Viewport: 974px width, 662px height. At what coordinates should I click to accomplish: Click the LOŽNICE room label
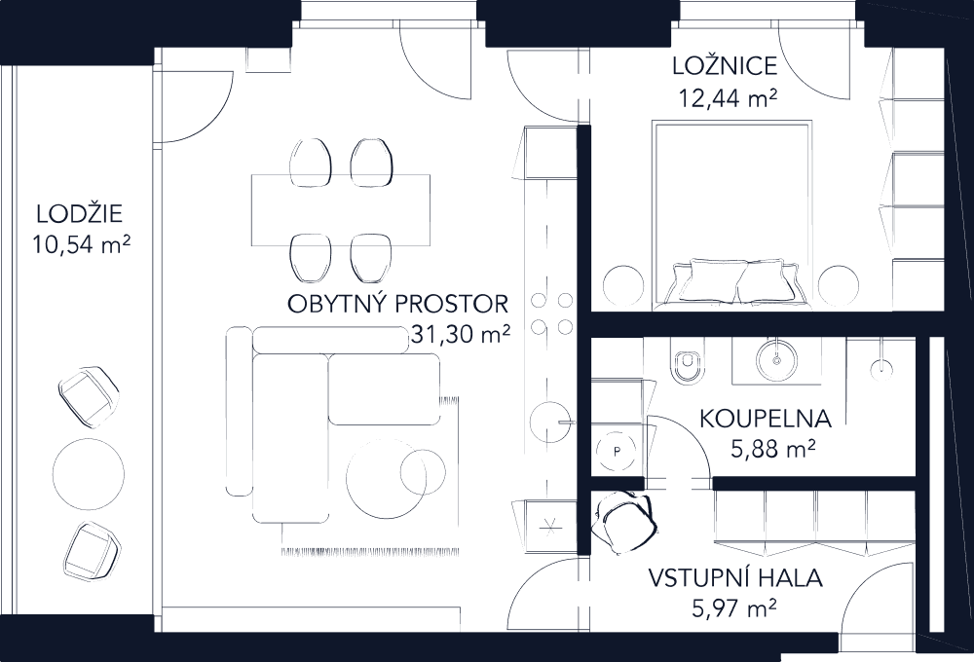(x=725, y=67)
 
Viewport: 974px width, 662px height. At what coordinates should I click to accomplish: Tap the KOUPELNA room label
(x=765, y=420)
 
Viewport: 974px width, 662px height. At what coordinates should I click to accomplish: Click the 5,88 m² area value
(x=771, y=450)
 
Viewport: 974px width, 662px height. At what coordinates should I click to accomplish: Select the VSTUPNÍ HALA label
(x=735, y=580)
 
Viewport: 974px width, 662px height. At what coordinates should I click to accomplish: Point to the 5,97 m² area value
(x=735, y=609)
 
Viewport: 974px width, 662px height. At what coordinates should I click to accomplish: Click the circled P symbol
(x=616, y=450)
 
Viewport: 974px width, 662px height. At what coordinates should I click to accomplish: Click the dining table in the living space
(x=340, y=210)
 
